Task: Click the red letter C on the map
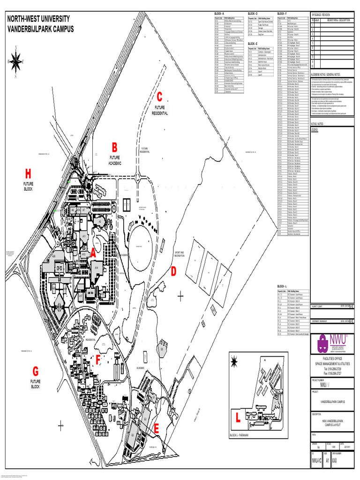(159, 97)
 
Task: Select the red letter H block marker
(29, 174)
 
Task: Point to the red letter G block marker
(35, 371)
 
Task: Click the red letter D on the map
(173, 271)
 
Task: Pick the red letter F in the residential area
(98, 360)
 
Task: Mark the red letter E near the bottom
(157, 428)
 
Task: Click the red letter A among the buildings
(93, 252)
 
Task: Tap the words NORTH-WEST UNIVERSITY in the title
(38, 19)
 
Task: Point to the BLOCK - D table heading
(254, 14)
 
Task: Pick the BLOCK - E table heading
(253, 43)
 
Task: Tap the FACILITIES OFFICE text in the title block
(332, 359)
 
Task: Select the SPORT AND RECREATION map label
(180, 253)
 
